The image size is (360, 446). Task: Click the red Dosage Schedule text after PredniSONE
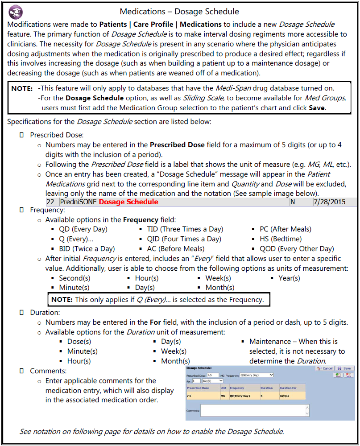128,202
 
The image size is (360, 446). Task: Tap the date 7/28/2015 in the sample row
329,202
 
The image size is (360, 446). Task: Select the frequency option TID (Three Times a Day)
185,229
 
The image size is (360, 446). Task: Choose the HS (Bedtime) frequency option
281,239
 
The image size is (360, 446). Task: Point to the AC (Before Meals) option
175,248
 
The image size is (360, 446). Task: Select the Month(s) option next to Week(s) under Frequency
219,288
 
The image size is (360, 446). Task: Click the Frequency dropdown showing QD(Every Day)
256,375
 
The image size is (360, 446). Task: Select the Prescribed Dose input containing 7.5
212,376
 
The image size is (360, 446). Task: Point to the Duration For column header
288,388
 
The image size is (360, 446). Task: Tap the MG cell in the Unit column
223,396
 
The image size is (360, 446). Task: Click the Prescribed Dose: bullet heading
57,135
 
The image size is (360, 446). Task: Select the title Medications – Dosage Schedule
179,12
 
